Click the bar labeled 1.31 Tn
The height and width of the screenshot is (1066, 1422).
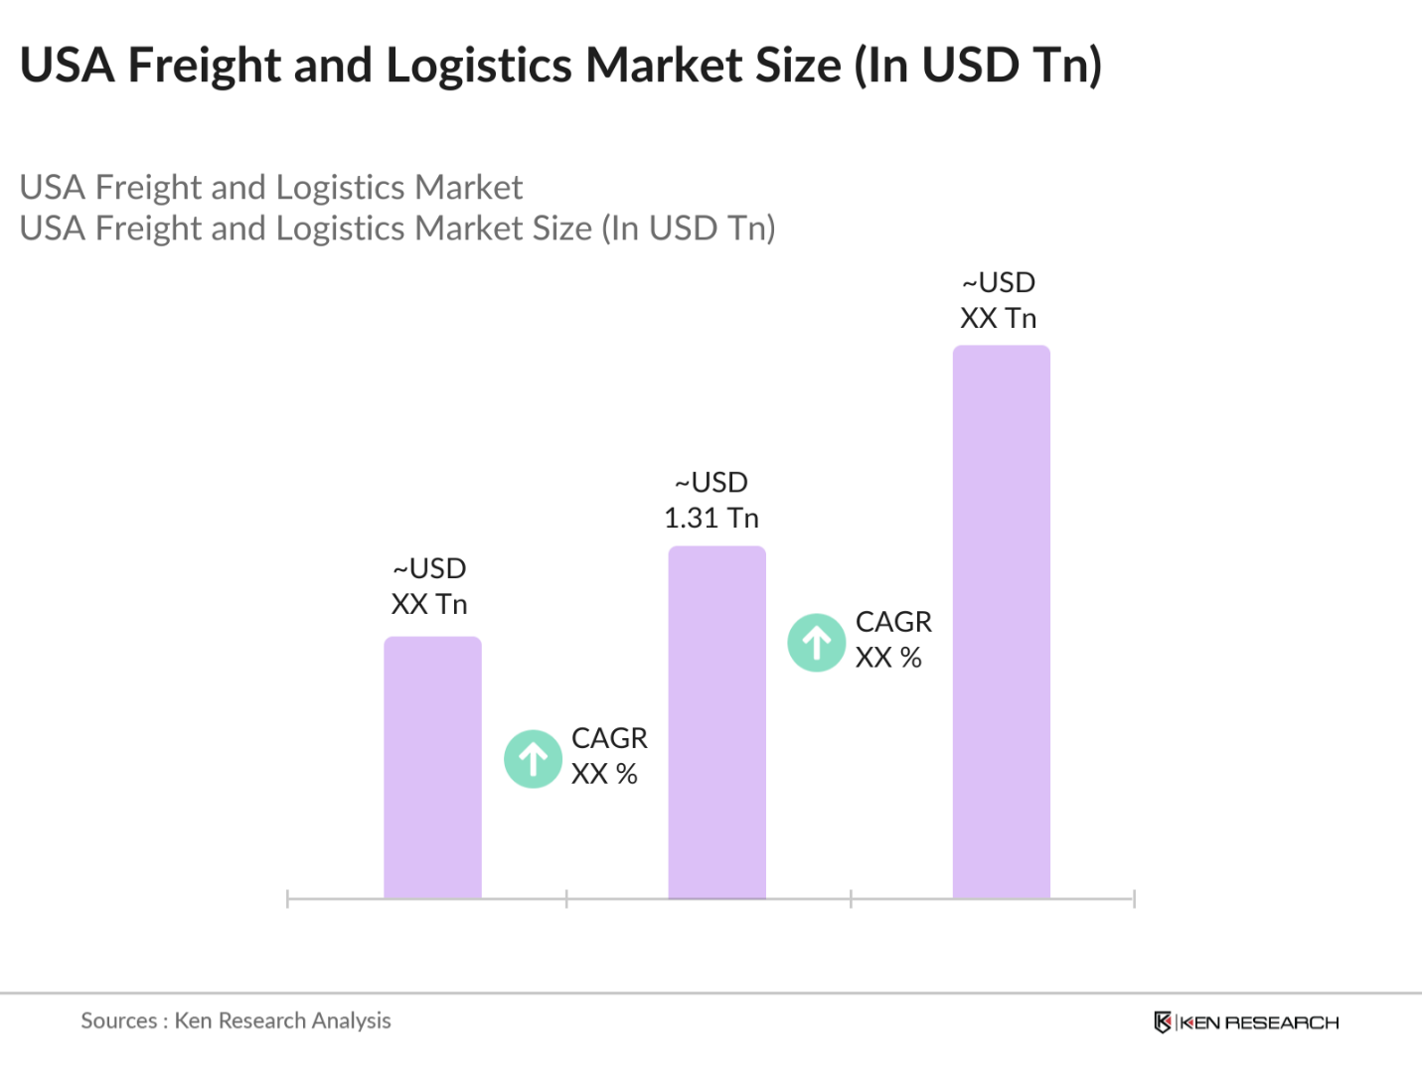[716, 722]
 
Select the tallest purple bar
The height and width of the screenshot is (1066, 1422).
[1001, 622]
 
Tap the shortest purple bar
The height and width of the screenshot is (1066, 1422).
[432, 767]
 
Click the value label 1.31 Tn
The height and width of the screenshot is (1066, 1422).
[711, 518]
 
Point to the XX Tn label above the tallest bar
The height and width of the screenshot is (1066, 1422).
[998, 318]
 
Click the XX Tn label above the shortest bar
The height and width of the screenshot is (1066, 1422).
[429, 604]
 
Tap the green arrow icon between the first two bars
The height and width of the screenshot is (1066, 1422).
[533, 758]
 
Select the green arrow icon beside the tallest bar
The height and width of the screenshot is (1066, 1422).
[816, 643]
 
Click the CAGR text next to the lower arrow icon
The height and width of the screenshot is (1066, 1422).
[609, 737]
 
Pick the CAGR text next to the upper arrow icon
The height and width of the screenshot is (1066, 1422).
[893, 622]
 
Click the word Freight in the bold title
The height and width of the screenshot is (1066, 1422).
[205, 67]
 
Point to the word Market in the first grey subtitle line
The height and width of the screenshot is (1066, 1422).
[468, 187]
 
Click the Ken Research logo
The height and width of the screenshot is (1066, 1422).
[1246, 1022]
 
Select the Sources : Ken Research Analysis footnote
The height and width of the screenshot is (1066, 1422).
[236, 1020]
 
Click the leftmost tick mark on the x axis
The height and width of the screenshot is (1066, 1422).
[287, 899]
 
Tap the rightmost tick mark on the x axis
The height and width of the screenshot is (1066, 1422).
[1135, 899]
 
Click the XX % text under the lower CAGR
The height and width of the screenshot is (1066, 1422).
[604, 773]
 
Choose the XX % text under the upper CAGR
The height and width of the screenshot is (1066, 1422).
[888, 658]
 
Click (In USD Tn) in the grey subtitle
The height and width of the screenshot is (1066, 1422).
[689, 228]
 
